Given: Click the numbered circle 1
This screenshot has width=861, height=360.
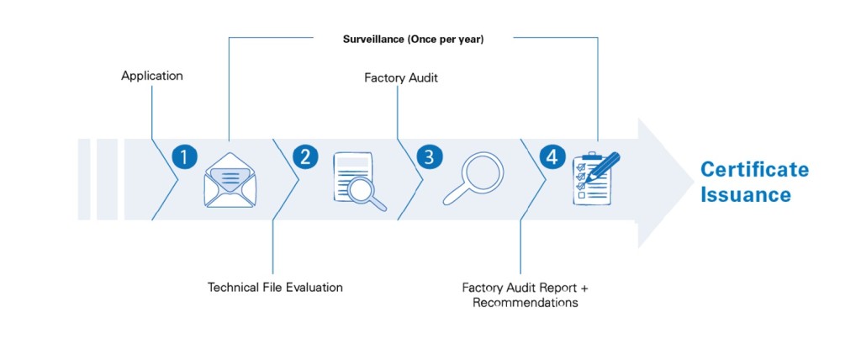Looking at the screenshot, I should click(183, 156).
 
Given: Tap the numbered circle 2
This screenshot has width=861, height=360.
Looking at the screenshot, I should click(304, 156).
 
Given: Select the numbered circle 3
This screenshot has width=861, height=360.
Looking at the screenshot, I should click(429, 156).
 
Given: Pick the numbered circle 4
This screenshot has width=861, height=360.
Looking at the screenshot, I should click(551, 156).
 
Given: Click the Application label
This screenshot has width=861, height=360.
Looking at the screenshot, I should click(151, 76).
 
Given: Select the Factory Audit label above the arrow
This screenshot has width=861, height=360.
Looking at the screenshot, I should click(401, 78).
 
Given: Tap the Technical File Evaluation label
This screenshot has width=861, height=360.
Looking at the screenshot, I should click(275, 288).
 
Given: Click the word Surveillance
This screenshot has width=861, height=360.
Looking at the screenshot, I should click(373, 40).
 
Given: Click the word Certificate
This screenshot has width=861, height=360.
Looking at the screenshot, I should click(754, 170).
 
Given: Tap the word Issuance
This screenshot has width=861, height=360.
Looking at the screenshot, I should click(746, 195).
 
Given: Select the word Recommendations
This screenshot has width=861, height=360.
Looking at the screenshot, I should click(525, 303).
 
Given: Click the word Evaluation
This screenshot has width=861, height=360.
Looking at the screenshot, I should click(313, 288).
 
